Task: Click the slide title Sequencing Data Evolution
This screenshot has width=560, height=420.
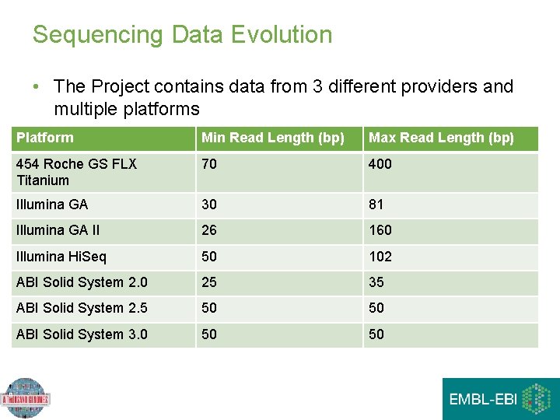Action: coord(182,35)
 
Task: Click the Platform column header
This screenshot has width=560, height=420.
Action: coord(45,138)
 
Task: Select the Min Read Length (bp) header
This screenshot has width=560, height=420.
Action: coord(272,138)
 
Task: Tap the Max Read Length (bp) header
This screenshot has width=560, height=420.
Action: coord(441,138)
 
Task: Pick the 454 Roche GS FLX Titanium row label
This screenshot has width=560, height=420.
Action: coord(76,172)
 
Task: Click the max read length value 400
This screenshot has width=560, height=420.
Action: coord(380,164)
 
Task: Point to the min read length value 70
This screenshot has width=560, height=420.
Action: coord(209,164)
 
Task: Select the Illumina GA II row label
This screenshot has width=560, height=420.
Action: coord(58,230)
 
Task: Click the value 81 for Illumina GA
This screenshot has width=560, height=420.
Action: coord(376,205)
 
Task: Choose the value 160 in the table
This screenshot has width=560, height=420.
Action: coord(380,230)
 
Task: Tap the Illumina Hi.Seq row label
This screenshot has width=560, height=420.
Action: coord(61,257)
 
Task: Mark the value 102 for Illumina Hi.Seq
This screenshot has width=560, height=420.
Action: coord(380,257)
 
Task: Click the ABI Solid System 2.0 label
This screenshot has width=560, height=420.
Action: coord(82,282)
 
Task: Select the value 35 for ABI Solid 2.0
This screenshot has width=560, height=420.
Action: coord(376,282)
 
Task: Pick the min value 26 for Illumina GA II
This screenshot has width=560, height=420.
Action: coord(209,230)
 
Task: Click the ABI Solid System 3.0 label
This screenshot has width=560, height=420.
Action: coord(82,334)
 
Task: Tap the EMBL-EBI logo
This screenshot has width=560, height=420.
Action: coord(501,399)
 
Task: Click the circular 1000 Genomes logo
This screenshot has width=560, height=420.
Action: coord(25,398)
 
